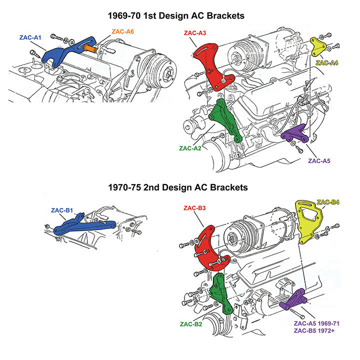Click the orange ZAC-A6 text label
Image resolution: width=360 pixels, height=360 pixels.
coord(122,31)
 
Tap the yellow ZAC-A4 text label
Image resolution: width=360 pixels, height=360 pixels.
coord(327,63)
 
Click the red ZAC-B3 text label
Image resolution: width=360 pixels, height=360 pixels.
coord(195,207)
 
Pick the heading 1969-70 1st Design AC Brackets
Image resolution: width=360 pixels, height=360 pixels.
coord(179,16)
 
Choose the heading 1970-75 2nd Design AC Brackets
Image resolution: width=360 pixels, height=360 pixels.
coord(179,188)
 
